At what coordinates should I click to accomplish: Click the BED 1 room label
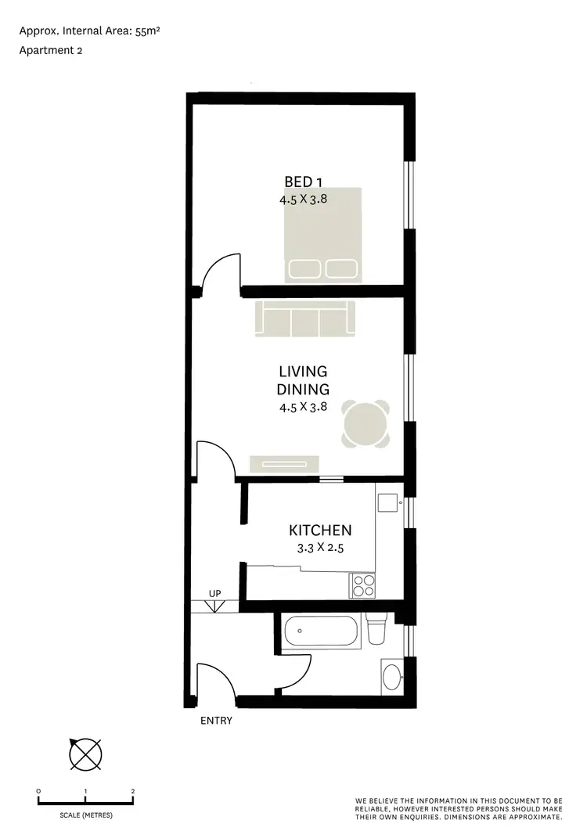click(x=302, y=183)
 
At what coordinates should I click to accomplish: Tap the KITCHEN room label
click(x=320, y=531)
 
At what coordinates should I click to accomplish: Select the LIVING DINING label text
click(x=303, y=380)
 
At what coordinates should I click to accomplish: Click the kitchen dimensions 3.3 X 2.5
click(x=320, y=548)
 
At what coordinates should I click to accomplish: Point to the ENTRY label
click(x=216, y=721)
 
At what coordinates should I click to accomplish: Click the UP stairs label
click(x=216, y=593)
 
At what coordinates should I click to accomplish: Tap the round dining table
click(x=366, y=426)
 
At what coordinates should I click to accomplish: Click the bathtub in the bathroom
click(x=320, y=631)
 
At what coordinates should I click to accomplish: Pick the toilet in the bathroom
click(x=377, y=628)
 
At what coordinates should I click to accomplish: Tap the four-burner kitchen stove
click(x=362, y=585)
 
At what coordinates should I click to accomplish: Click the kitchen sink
click(x=387, y=500)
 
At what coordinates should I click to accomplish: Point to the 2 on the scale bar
click(x=133, y=792)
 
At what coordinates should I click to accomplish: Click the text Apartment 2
click(x=51, y=51)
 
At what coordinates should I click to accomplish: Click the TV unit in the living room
click(x=283, y=464)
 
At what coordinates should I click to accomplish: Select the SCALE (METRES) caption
click(x=85, y=815)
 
